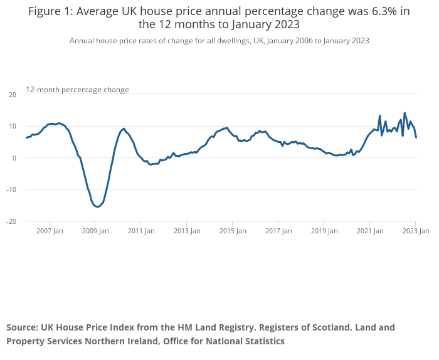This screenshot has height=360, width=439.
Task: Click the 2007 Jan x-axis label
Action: [x=50, y=231]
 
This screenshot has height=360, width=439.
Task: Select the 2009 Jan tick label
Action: [x=95, y=231]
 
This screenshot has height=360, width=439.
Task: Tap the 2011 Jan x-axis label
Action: [x=141, y=231]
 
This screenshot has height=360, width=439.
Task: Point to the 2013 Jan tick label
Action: [x=187, y=231]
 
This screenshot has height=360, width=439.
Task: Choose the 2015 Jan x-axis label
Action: [x=233, y=231]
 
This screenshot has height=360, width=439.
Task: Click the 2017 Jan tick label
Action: [x=278, y=231]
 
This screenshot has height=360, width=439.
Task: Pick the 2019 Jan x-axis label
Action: [x=324, y=231]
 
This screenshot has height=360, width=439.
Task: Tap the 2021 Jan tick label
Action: [x=370, y=231]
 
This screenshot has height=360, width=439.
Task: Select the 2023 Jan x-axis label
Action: [x=415, y=231]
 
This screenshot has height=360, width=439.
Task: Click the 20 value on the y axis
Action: [x=12, y=95]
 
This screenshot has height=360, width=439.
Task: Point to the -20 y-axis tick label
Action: [x=11, y=221]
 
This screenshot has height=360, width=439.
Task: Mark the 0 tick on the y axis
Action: [x=14, y=158]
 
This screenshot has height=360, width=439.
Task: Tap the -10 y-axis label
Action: [x=11, y=190]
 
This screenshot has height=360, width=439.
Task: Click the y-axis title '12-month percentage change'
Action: [x=77, y=90]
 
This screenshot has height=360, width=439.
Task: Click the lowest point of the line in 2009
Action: [x=98, y=206]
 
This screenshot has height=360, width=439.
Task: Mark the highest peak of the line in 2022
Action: [x=405, y=113]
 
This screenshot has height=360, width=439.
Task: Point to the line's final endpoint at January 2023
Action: [x=416, y=137]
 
